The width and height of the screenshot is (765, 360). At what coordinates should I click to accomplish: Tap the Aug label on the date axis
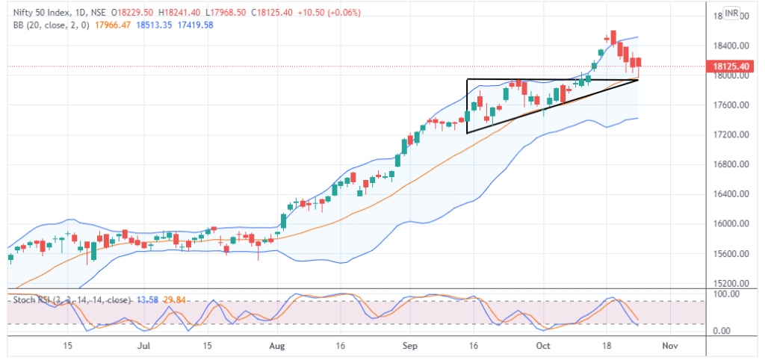coord(277,347)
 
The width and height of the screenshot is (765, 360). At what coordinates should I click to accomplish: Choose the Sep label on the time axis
coord(409,347)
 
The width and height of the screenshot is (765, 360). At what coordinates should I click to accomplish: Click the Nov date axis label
coord(670,347)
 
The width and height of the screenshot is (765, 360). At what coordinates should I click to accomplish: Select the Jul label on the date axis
coord(145,347)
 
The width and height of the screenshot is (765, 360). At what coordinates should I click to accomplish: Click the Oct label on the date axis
coord(544,347)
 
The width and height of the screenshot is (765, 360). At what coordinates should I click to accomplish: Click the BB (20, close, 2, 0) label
coord(46,25)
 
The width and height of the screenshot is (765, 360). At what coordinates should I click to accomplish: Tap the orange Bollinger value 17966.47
coord(112,25)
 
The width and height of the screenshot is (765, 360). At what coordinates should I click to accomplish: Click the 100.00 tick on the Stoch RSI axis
coord(729,294)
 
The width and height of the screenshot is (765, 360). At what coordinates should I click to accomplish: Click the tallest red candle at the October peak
coord(613,37)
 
